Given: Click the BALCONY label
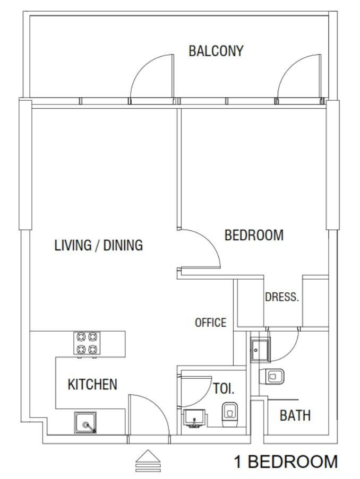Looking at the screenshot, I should [216, 51].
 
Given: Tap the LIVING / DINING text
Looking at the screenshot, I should [99, 246].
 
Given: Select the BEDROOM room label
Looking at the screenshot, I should [254, 235].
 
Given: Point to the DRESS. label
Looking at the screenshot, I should [282, 297].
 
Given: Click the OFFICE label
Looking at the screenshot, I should [210, 323].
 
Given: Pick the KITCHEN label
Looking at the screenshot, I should [92, 385].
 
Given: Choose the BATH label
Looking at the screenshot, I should [295, 415].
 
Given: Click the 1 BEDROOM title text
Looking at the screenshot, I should [286, 461].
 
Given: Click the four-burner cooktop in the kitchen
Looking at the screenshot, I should [87, 343].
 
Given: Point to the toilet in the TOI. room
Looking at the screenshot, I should [229, 414].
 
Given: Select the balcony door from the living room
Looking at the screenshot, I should [151, 77].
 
